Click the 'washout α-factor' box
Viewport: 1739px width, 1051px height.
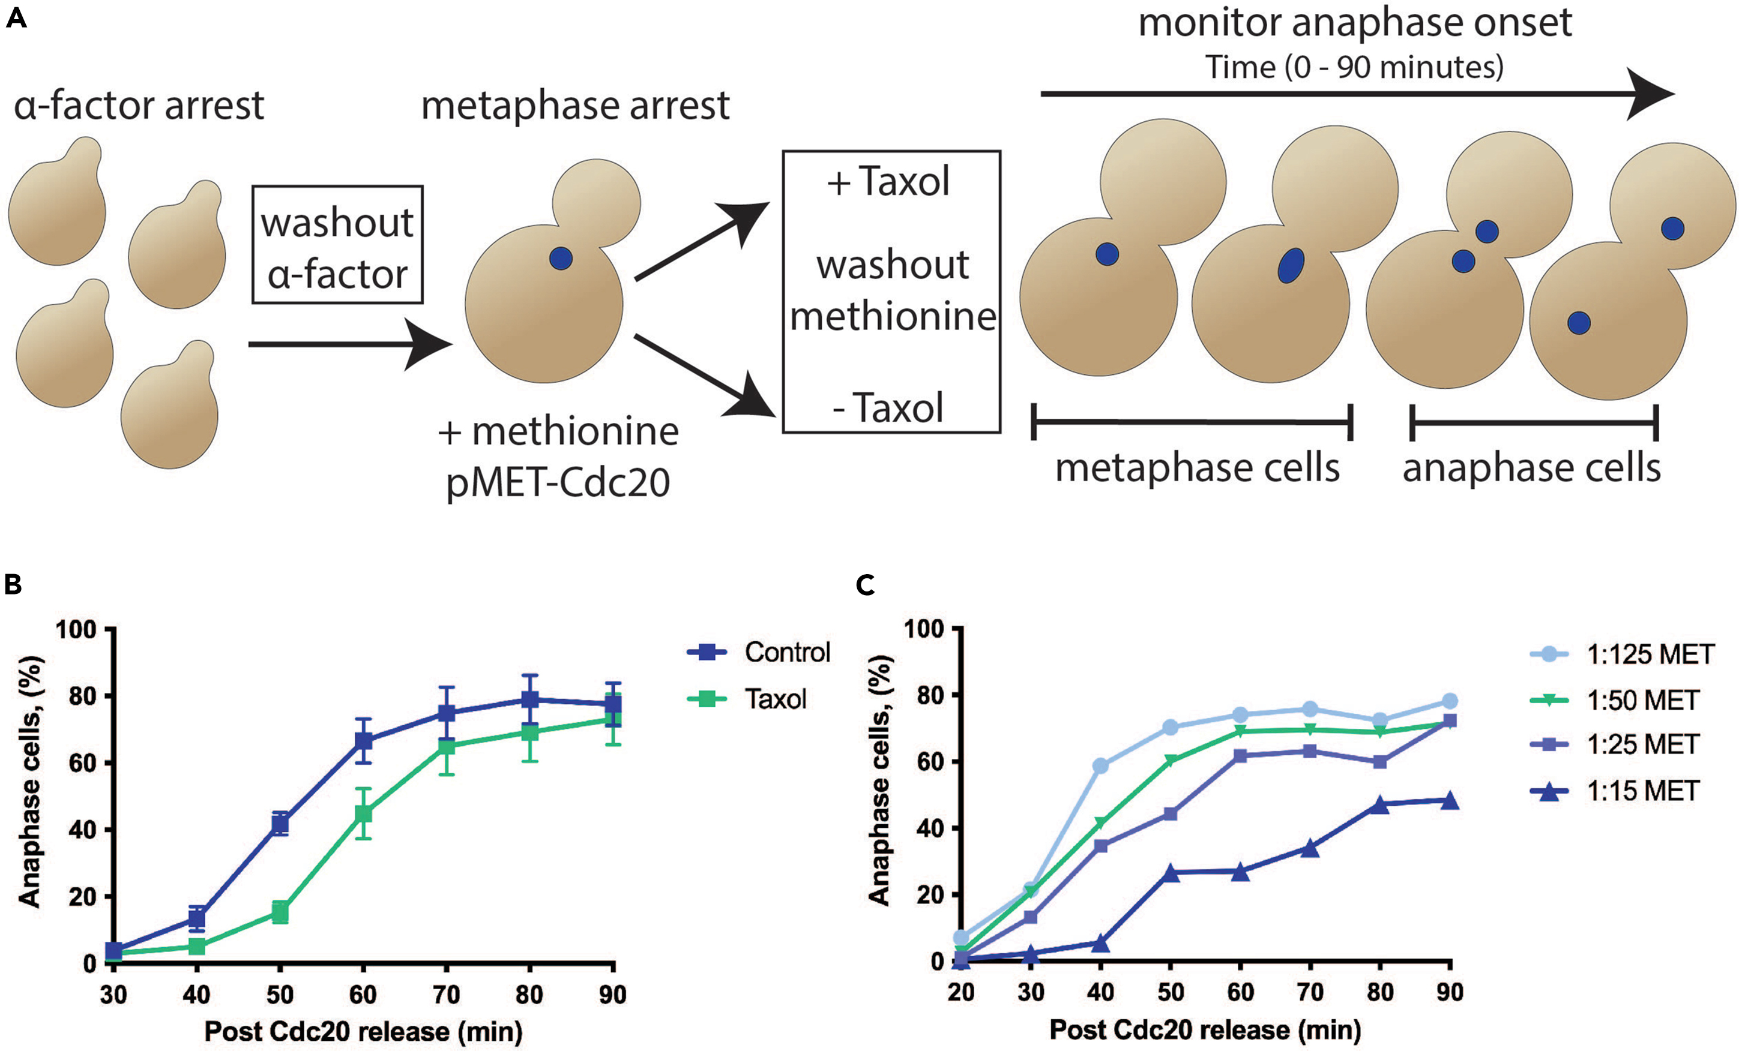(x=337, y=245)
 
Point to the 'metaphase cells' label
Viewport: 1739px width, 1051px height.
(x=1197, y=468)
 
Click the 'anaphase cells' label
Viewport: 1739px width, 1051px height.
(x=1531, y=468)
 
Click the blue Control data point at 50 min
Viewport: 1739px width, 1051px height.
(x=280, y=823)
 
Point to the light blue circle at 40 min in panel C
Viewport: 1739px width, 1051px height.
(x=1100, y=766)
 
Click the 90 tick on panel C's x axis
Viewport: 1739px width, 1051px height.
(x=1450, y=992)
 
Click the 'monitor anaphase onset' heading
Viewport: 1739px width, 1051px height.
(x=1355, y=23)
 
